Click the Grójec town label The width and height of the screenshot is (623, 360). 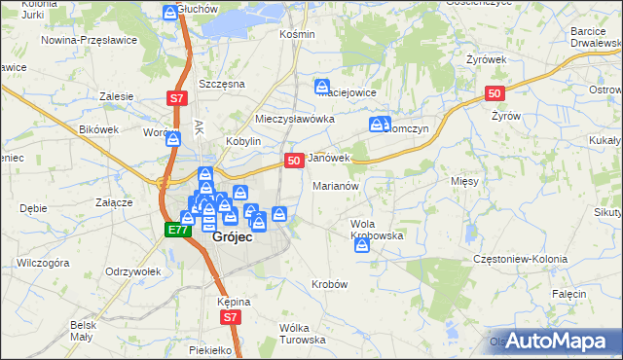coord(233,235)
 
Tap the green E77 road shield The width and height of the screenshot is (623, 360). coord(176,230)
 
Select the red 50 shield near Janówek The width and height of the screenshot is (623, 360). coord(293,160)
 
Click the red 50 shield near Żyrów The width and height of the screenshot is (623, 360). coord(495,93)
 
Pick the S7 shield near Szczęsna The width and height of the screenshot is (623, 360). coord(176,98)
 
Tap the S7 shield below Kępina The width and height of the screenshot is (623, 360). coord(230,317)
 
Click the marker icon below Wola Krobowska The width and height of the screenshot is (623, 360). coord(362,246)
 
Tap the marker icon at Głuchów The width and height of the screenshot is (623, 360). coord(171,13)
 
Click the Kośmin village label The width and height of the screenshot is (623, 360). coord(297,34)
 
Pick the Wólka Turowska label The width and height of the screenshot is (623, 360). coord(301,334)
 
